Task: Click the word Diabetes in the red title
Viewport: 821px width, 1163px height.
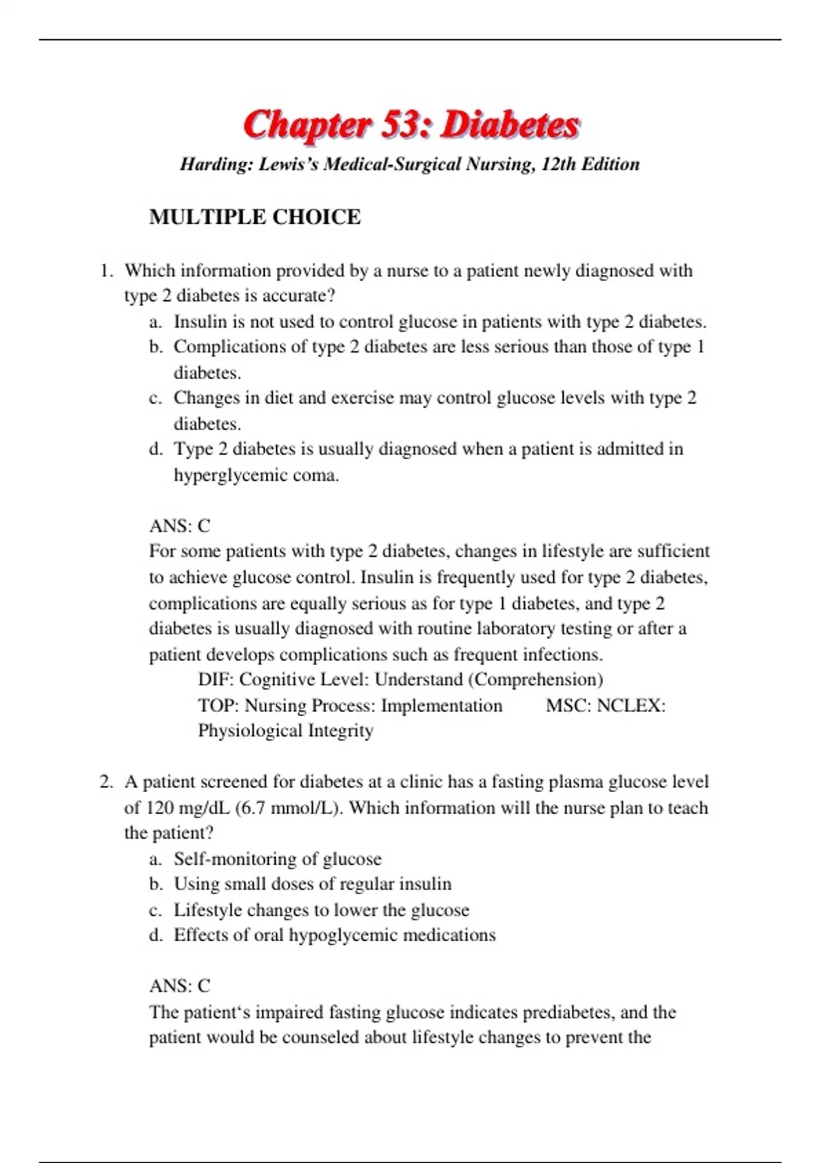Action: [x=510, y=125]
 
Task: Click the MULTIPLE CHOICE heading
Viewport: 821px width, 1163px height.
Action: [x=255, y=217]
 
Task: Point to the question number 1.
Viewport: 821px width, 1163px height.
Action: [x=105, y=271]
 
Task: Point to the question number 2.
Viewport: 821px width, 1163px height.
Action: [x=105, y=782]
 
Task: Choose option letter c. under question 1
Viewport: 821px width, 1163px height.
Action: [x=155, y=398]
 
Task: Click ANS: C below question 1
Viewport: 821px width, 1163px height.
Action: [x=179, y=526]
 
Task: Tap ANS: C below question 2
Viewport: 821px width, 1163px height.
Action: [x=179, y=986]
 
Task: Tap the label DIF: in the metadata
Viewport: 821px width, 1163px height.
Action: [x=216, y=680]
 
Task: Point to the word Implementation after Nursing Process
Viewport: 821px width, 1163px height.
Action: [x=441, y=706]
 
